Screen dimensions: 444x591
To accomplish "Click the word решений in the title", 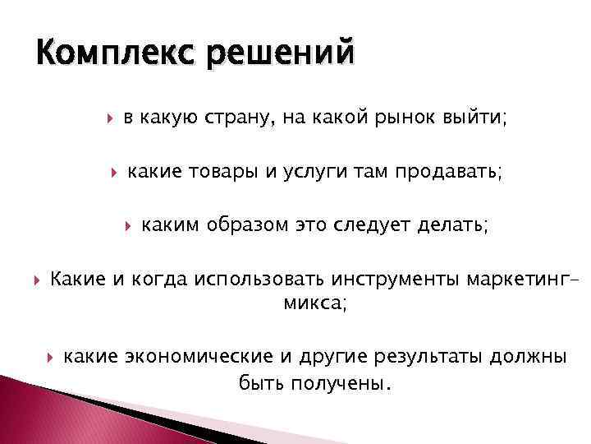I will click(281, 53).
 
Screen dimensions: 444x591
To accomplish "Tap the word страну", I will click(237, 121).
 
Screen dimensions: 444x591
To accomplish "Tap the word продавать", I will click(449, 173).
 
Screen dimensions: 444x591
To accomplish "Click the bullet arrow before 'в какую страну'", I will click(110, 120).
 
